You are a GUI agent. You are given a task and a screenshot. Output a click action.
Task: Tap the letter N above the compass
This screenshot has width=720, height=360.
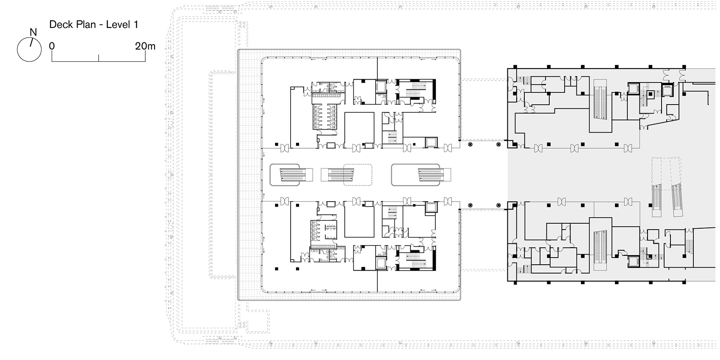click(33, 32)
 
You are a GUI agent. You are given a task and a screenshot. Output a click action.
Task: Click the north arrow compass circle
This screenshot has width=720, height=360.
click(29, 50)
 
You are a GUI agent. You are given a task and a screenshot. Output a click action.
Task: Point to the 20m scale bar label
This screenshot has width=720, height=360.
click(145, 46)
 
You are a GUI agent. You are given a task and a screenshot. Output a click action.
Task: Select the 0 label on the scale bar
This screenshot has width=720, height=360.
click(52, 46)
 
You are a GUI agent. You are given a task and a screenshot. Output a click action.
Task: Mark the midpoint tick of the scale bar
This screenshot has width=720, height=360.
click(98, 58)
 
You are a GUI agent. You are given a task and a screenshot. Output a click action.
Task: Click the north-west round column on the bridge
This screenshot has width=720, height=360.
click(470, 145)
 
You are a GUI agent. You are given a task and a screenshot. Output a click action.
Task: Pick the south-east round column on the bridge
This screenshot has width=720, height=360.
click(498, 205)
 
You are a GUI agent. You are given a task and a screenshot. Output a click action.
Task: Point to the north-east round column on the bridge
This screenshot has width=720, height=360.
click(498, 145)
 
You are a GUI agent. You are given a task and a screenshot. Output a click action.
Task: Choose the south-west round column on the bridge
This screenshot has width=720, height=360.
click(470, 205)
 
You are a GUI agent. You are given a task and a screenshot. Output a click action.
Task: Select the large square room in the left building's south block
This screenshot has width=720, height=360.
click(359, 222)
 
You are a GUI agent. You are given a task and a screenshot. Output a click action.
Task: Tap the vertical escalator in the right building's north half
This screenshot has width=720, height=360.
click(600, 102)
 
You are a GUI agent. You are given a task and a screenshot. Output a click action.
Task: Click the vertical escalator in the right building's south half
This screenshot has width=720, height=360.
click(600, 247)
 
